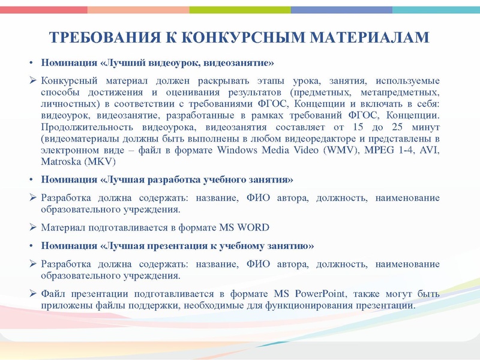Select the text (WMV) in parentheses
340,150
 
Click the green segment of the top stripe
240,10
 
